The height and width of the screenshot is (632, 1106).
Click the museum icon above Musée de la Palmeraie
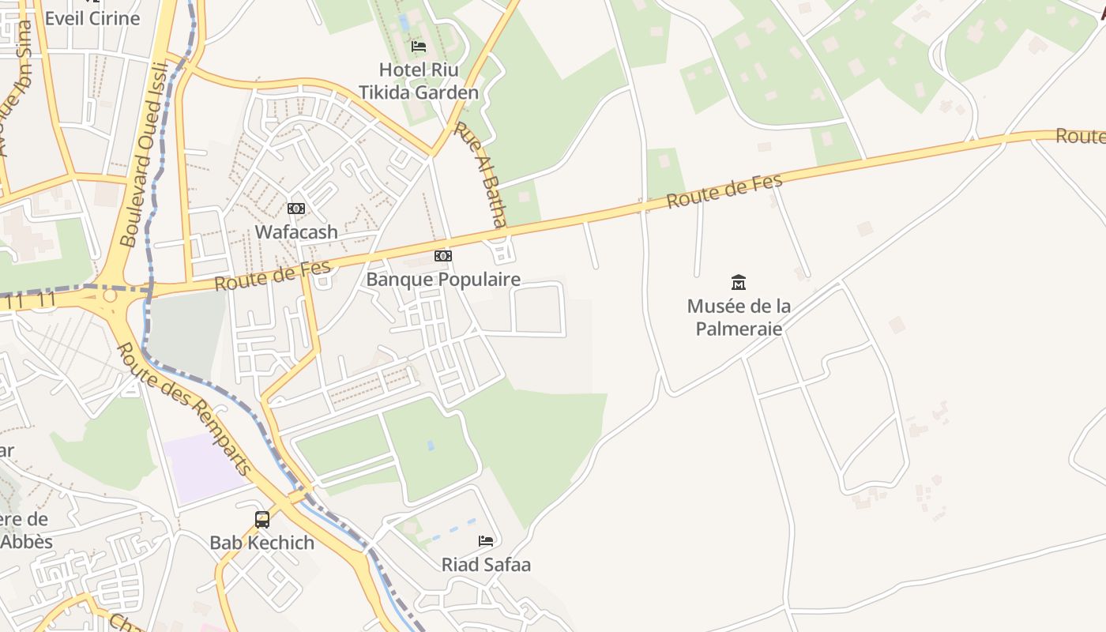click(739, 282)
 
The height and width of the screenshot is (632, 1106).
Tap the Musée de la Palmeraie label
click(739, 317)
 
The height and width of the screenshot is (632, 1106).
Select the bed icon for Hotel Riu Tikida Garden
click(419, 47)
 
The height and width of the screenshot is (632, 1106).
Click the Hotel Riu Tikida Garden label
click(419, 81)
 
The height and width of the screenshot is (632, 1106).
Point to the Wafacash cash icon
click(296, 209)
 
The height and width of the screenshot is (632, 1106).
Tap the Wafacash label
click(296, 232)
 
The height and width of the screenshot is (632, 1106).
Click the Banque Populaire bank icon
click(443, 256)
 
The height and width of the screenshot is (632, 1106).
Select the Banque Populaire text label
click(443, 280)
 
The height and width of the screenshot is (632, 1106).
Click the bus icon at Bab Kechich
click(262, 519)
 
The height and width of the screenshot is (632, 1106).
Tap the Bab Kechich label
click(262, 543)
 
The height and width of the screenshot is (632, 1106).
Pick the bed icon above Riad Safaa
click(486, 541)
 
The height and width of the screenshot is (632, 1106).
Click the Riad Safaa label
click(486, 565)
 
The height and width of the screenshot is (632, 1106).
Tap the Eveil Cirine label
click(92, 18)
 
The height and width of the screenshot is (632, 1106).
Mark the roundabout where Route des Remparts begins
click(110, 295)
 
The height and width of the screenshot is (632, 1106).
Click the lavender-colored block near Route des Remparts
click(204, 468)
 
